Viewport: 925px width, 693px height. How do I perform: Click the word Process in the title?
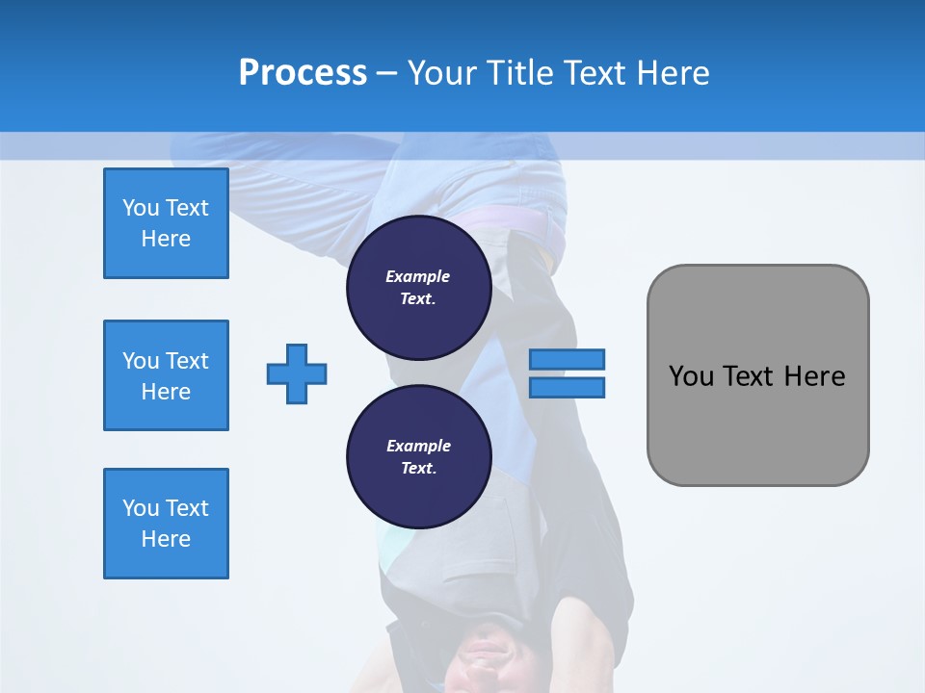pos(303,73)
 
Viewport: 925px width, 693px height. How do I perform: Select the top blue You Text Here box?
pos(166,223)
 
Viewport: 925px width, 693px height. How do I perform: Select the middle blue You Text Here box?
pos(166,375)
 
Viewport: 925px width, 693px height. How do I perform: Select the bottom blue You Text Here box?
pos(166,524)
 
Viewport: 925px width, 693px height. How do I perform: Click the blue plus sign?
pos(297,373)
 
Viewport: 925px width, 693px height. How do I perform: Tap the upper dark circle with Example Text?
pos(418,288)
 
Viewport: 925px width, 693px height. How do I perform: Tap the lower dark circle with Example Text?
pos(418,457)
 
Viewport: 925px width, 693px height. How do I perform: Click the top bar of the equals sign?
pos(567,360)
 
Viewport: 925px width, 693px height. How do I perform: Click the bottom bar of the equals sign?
pos(567,388)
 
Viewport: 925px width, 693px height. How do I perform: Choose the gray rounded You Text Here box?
pos(757,375)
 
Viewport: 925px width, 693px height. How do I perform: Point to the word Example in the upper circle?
pos(418,276)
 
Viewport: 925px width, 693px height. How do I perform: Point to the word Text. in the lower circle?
pos(418,469)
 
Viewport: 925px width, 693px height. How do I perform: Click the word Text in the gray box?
pos(751,376)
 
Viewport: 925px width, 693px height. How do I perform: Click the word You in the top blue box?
pos(141,208)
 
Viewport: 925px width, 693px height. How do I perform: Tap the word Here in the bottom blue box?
pos(166,539)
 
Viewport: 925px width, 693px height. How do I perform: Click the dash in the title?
pos(386,73)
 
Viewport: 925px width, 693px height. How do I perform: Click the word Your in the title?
pos(443,73)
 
